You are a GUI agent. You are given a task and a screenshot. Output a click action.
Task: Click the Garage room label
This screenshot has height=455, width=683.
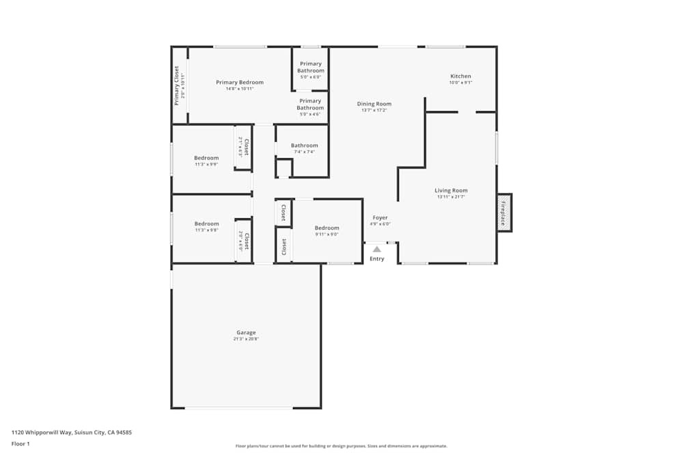246,333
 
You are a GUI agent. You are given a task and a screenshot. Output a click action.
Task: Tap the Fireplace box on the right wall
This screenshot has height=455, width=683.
504,213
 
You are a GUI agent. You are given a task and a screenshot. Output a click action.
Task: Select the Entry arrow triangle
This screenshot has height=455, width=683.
377,250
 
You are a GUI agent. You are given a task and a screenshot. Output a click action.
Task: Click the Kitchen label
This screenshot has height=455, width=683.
460,76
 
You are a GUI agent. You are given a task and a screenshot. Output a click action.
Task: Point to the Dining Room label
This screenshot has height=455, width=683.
374,104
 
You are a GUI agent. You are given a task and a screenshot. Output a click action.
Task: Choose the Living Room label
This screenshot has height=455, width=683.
451,190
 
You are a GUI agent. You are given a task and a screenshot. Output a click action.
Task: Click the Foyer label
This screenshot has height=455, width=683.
380,218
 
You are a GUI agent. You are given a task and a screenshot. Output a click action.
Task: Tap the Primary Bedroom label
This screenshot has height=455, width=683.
240,83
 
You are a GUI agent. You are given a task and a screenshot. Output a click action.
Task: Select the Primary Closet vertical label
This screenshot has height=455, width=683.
177,85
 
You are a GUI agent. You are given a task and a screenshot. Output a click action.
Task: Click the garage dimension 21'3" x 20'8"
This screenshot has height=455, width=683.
246,339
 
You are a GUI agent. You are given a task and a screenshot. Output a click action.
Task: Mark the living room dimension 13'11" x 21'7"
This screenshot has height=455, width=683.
451,197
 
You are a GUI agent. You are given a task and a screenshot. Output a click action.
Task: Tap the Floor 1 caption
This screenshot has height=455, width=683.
20,443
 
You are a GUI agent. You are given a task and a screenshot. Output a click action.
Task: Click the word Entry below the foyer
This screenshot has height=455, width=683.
377,259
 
